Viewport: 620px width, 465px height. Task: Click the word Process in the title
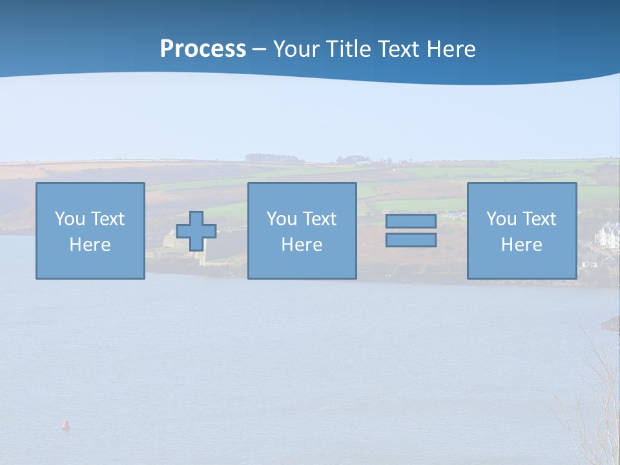coord(203,49)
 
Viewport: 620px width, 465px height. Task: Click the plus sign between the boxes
coord(196,231)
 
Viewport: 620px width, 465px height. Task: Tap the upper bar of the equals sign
coord(411,222)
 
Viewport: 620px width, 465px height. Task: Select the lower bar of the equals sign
coord(411,240)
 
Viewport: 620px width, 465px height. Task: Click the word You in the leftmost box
coord(70,219)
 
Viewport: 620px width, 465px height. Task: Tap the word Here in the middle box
coord(302,245)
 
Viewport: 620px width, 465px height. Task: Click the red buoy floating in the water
coord(65,424)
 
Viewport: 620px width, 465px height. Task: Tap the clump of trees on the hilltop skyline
coord(274,158)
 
